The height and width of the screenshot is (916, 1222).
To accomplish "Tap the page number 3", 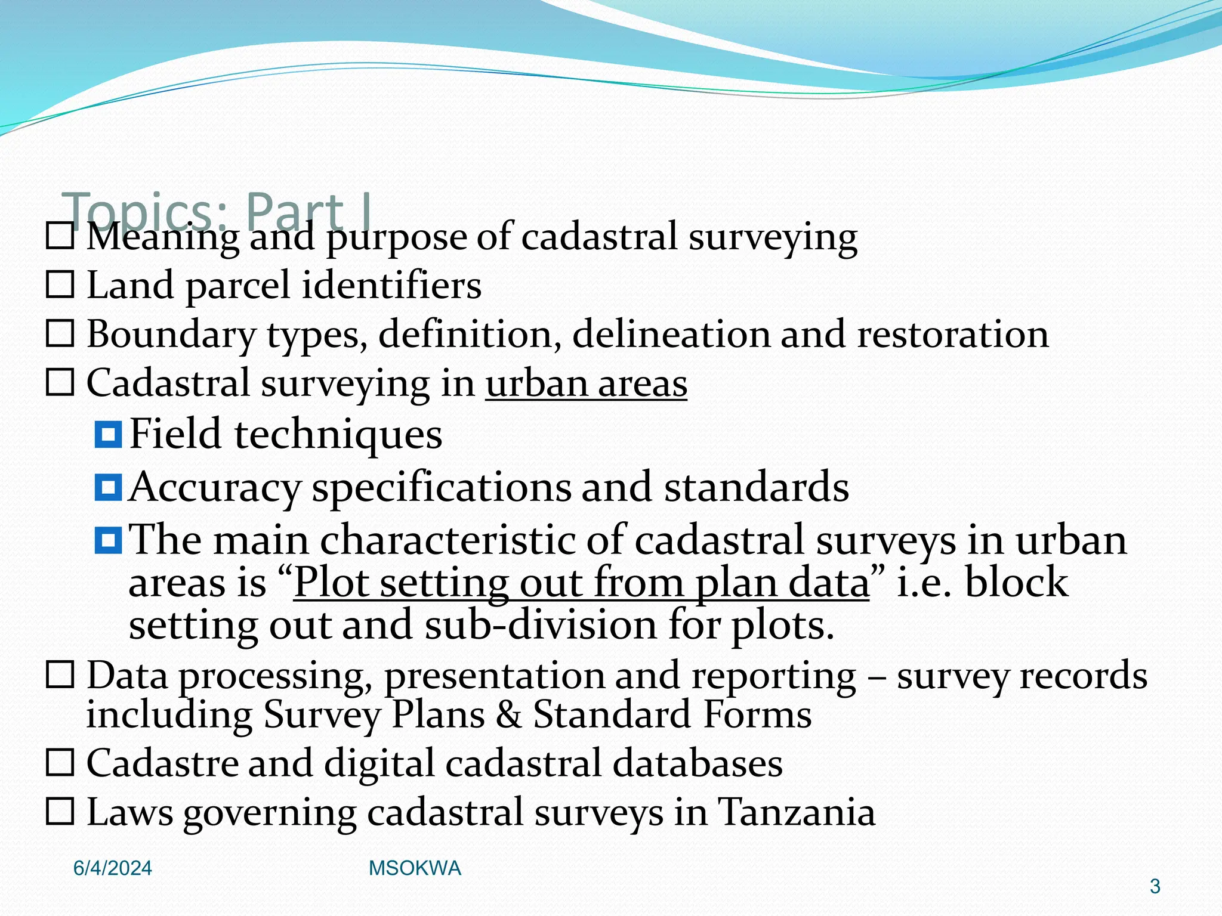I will [1155, 887].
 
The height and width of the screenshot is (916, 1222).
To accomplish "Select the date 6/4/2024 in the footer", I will [112, 868].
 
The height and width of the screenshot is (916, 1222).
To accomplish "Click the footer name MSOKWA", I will [415, 868].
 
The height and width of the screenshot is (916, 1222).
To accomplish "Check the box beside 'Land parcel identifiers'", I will [60, 285].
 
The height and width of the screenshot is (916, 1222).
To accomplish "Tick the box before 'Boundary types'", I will [60, 333].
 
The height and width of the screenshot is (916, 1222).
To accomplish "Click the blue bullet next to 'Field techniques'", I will [108, 434].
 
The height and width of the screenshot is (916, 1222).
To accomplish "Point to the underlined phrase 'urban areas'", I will [586, 383].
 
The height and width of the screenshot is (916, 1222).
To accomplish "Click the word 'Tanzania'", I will [797, 812].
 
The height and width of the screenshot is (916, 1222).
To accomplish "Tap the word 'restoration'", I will [952, 333].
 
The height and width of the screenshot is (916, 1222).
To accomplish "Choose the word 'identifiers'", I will [391, 285].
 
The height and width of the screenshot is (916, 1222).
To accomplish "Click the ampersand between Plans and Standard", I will [508, 714].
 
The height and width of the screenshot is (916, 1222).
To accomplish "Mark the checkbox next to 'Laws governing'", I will [60, 812].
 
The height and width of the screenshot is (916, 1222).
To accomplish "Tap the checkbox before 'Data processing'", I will [60, 675].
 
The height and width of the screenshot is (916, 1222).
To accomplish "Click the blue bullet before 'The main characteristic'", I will [108, 540].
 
